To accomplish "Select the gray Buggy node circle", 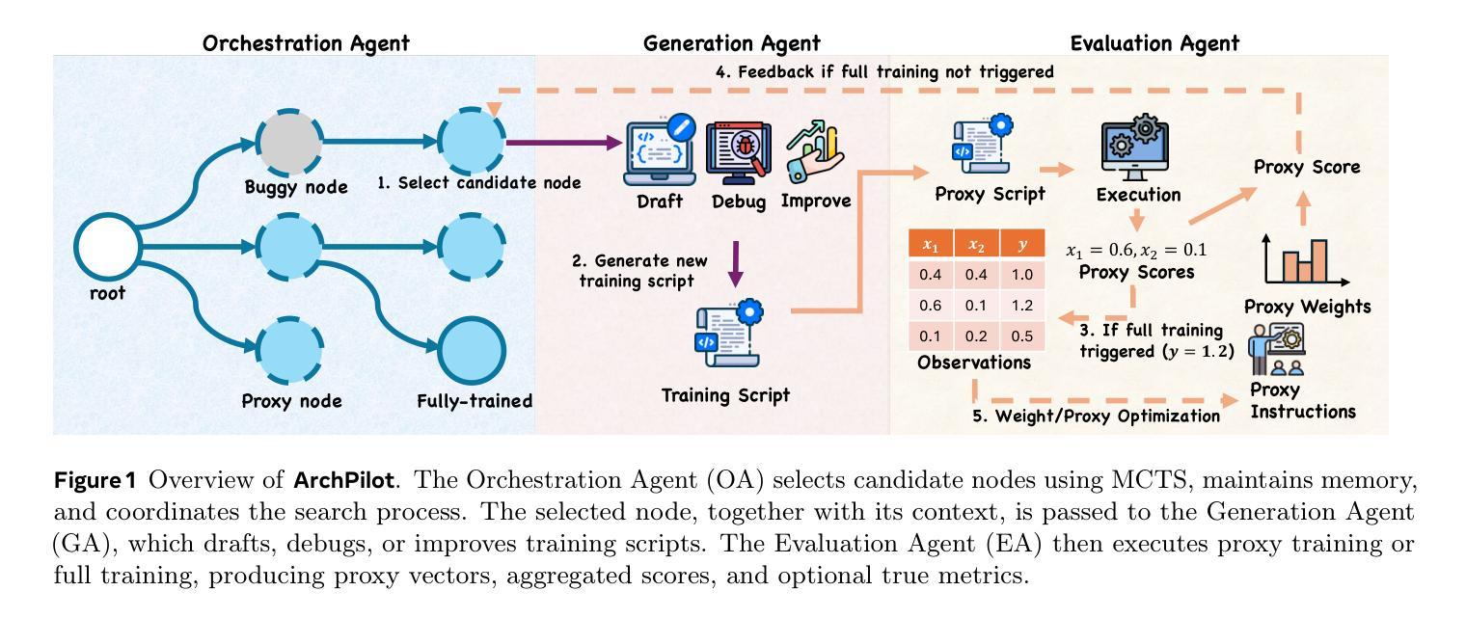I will pos(289,144).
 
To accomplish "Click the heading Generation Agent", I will pos(731,42).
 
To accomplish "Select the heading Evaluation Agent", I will pos(1154,42).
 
